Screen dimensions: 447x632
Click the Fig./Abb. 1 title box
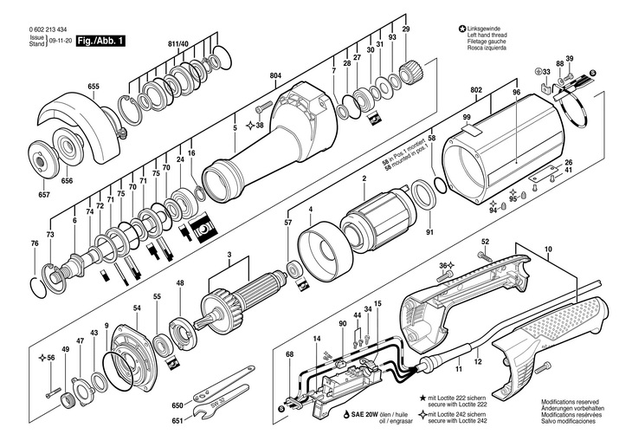pyautogui.click(x=100, y=41)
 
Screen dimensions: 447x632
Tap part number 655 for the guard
pyautogui.click(x=94, y=86)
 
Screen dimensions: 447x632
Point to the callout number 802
pyautogui.click(x=477, y=89)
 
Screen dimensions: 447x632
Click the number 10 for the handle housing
pyautogui.click(x=547, y=251)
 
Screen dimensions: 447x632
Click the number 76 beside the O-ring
pyautogui.click(x=35, y=244)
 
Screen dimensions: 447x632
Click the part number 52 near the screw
pyautogui.click(x=485, y=242)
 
